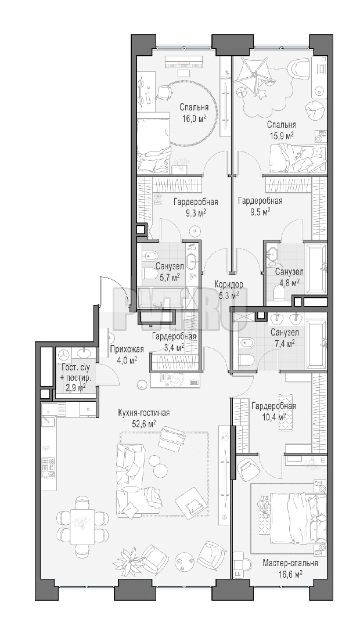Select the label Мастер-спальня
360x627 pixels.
coord(290,563)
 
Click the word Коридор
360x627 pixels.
coord(228,284)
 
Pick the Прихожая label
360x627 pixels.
coord(124,348)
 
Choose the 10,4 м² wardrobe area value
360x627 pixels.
coord(274,417)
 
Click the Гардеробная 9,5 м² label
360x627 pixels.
coord(260,206)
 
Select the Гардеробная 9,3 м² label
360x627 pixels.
coord(196,206)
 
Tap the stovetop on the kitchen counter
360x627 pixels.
coord(47,466)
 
